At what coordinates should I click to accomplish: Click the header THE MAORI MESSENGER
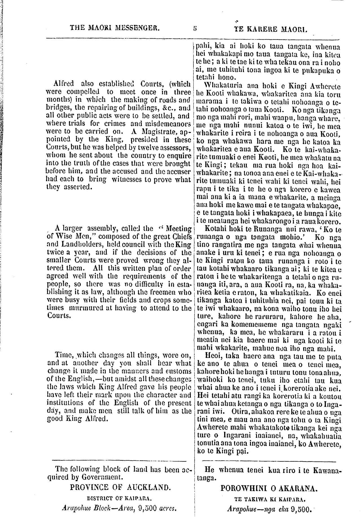point(115,28)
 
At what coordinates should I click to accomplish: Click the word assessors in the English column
point(177,147)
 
